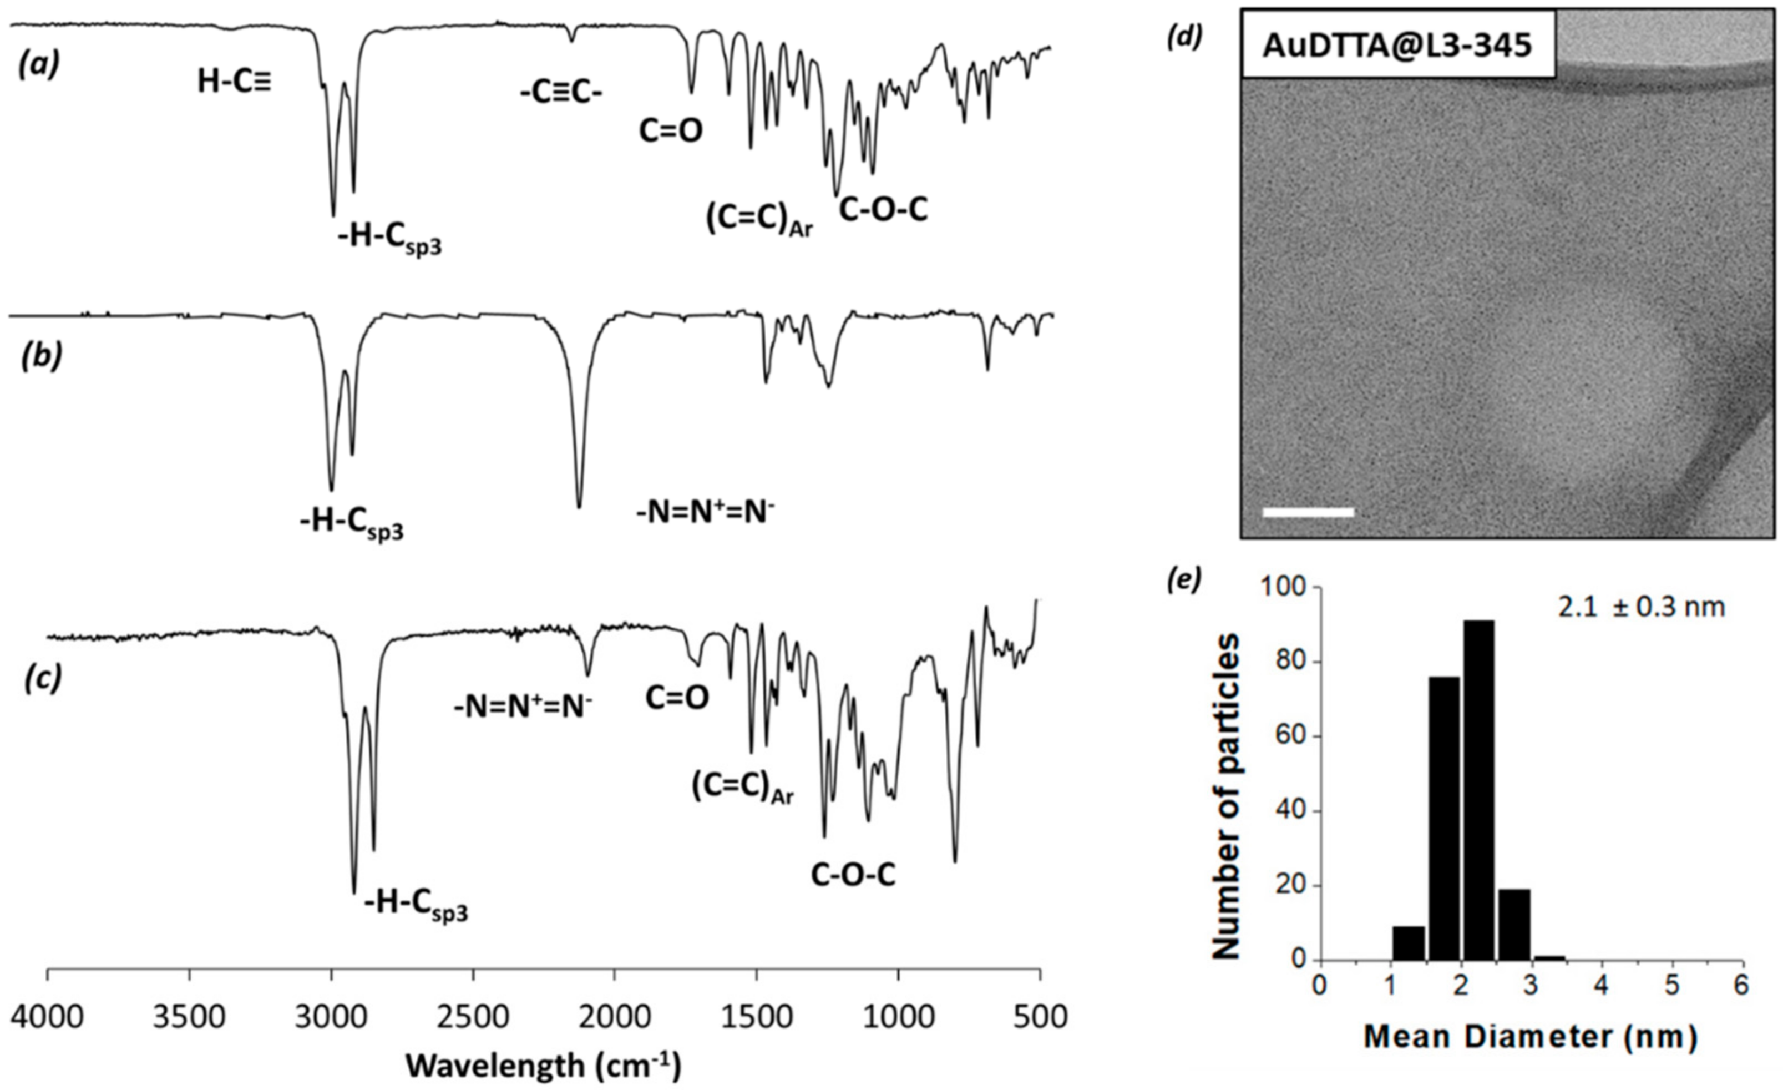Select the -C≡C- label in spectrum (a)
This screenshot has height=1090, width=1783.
point(561,93)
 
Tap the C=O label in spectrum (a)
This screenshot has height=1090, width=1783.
point(670,131)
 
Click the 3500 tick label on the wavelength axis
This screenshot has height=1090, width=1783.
point(189,1018)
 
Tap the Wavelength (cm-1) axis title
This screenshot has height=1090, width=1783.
point(544,1066)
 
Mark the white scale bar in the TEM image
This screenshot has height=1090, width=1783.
point(1308,512)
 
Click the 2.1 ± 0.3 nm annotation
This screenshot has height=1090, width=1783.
point(1641,607)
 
